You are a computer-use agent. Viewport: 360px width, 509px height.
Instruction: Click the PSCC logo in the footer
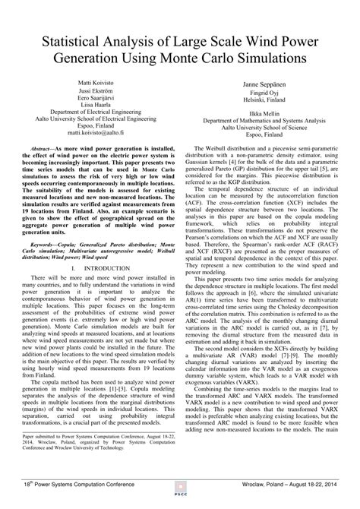pos(180,495)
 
